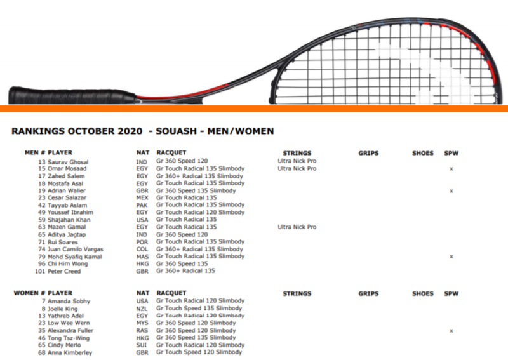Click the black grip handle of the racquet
[71, 96]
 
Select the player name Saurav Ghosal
[68, 162]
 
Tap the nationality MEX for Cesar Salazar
[142, 197]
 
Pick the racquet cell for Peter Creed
[185, 271]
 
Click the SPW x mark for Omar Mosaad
[451, 169]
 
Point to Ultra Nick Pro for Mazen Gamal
[297, 227]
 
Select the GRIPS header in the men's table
[368, 153]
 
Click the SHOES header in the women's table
[423, 293]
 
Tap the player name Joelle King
[62, 309]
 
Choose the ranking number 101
[40, 271]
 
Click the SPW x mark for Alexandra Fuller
[451, 331]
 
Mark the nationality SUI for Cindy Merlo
[142, 345]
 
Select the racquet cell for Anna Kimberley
[199, 352]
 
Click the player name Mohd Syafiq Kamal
[75, 257]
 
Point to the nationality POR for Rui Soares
[142, 242]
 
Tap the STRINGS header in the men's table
[297, 153]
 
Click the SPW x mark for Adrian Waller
[451, 191]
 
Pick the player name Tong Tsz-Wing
[69, 338]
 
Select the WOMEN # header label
[29, 293]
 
